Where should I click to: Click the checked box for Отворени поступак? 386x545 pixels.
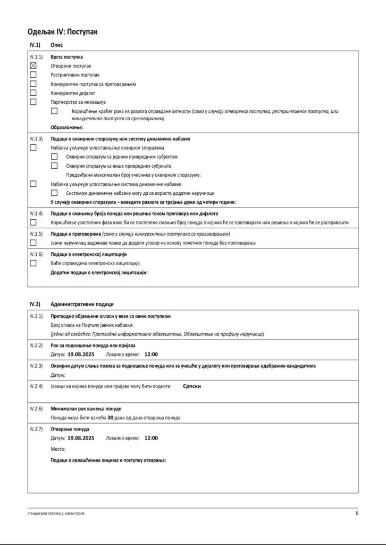pyautogui.click(x=33, y=65)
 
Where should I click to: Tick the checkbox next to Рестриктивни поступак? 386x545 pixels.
pyautogui.click(x=33, y=75)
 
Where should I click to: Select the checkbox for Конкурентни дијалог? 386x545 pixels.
pyautogui.click(x=33, y=93)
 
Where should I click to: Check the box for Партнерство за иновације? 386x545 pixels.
pyautogui.click(x=33, y=102)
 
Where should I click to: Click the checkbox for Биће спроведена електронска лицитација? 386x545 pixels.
pyautogui.click(x=33, y=263)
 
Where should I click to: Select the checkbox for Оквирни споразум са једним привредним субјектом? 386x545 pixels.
pyautogui.click(x=54, y=156)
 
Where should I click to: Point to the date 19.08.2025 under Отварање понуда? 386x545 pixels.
pyautogui.click(x=81, y=439)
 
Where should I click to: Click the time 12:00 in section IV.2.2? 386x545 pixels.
pyautogui.click(x=152, y=354)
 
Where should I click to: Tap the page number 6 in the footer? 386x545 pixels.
pyautogui.click(x=357, y=514)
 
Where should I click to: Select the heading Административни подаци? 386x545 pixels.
pyautogui.click(x=82, y=304)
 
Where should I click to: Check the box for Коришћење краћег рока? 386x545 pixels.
pyautogui.click(x=54, y=111)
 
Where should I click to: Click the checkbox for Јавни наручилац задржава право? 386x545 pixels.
pyautogui.click(x=33, y=243)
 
